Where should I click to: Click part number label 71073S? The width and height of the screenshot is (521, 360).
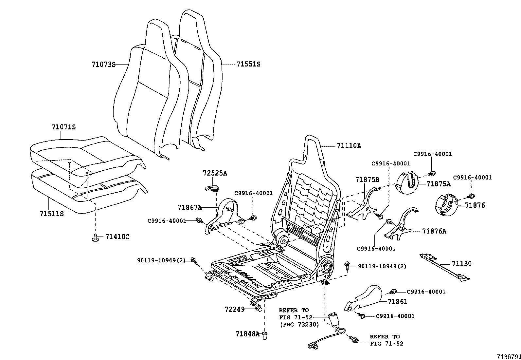coord(103,65)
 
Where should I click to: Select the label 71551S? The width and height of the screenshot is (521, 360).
coord(248,64)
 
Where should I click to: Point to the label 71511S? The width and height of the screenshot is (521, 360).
coord(51,214)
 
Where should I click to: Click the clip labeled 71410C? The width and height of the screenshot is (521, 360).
coord(95,238)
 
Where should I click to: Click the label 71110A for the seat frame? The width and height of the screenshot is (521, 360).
coord(349,146)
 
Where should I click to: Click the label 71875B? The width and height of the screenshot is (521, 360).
coord(367,180)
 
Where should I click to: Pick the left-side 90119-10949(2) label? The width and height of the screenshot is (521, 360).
coord(161,260)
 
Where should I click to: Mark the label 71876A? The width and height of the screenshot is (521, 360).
coord(434,231)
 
